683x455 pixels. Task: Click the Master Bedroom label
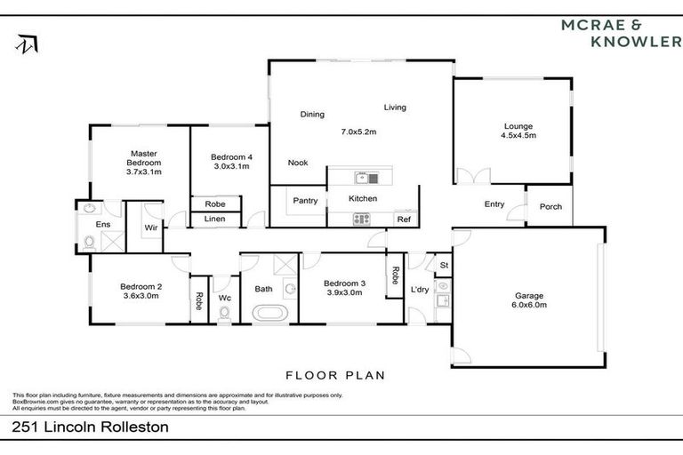click(x=143, y=158)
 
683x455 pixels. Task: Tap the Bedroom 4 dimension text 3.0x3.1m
click(x=234, y=166)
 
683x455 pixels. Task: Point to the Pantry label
click(x=306, y=201)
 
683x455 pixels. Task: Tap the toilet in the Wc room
click(x=225, y=312)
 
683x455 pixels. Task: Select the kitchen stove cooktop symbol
click(x=362, y=219)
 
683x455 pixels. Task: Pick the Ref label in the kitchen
click(x=404, y=219)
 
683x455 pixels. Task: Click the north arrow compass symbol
click(x=26, y=44)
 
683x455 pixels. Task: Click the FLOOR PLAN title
click(x=334, y=375)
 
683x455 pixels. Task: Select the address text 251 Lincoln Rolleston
click(x=91, y=427)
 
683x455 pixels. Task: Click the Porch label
click(x=550, y=207)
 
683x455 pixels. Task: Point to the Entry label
click(x=494, y=204)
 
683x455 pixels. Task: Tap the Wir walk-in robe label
click(x=151, y=227)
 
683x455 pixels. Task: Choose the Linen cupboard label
click(x=214, y=219)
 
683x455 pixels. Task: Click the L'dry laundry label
click(x=419, y=289)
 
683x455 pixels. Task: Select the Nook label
click(x=298, y=163)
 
